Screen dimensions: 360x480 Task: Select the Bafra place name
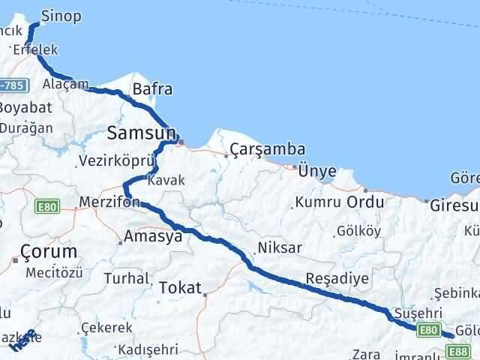pyautogui.click(x=152, y=90)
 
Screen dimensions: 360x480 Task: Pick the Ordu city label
pyautogui.click(x=365, y=202)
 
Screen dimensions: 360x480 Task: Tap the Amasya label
pyautogui.click(x=153, y=236)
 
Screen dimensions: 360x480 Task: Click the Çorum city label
pyautogui.click(x=49, y=251)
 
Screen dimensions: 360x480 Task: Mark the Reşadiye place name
pyautogui.click(x=337, y=278)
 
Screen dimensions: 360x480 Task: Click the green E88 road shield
pyautogui.click(x=459, y=351)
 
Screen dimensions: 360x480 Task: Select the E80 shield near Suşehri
pyautogui.click(x=429, y=329)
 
